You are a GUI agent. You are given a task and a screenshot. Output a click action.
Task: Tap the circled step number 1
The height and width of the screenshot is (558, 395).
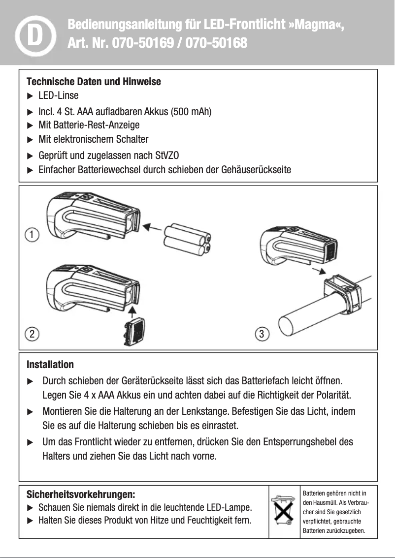click(x=32, y=234)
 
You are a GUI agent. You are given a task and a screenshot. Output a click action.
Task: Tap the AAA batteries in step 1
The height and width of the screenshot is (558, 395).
click(x=187, y=240)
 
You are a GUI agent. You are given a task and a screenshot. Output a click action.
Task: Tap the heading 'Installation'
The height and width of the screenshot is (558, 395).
click(x=50, y=365)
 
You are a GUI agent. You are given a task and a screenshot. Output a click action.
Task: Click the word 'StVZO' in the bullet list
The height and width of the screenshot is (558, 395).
click(x=166, y=156)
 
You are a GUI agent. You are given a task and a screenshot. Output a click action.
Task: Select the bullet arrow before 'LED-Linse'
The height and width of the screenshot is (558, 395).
click(x=30, y=95)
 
